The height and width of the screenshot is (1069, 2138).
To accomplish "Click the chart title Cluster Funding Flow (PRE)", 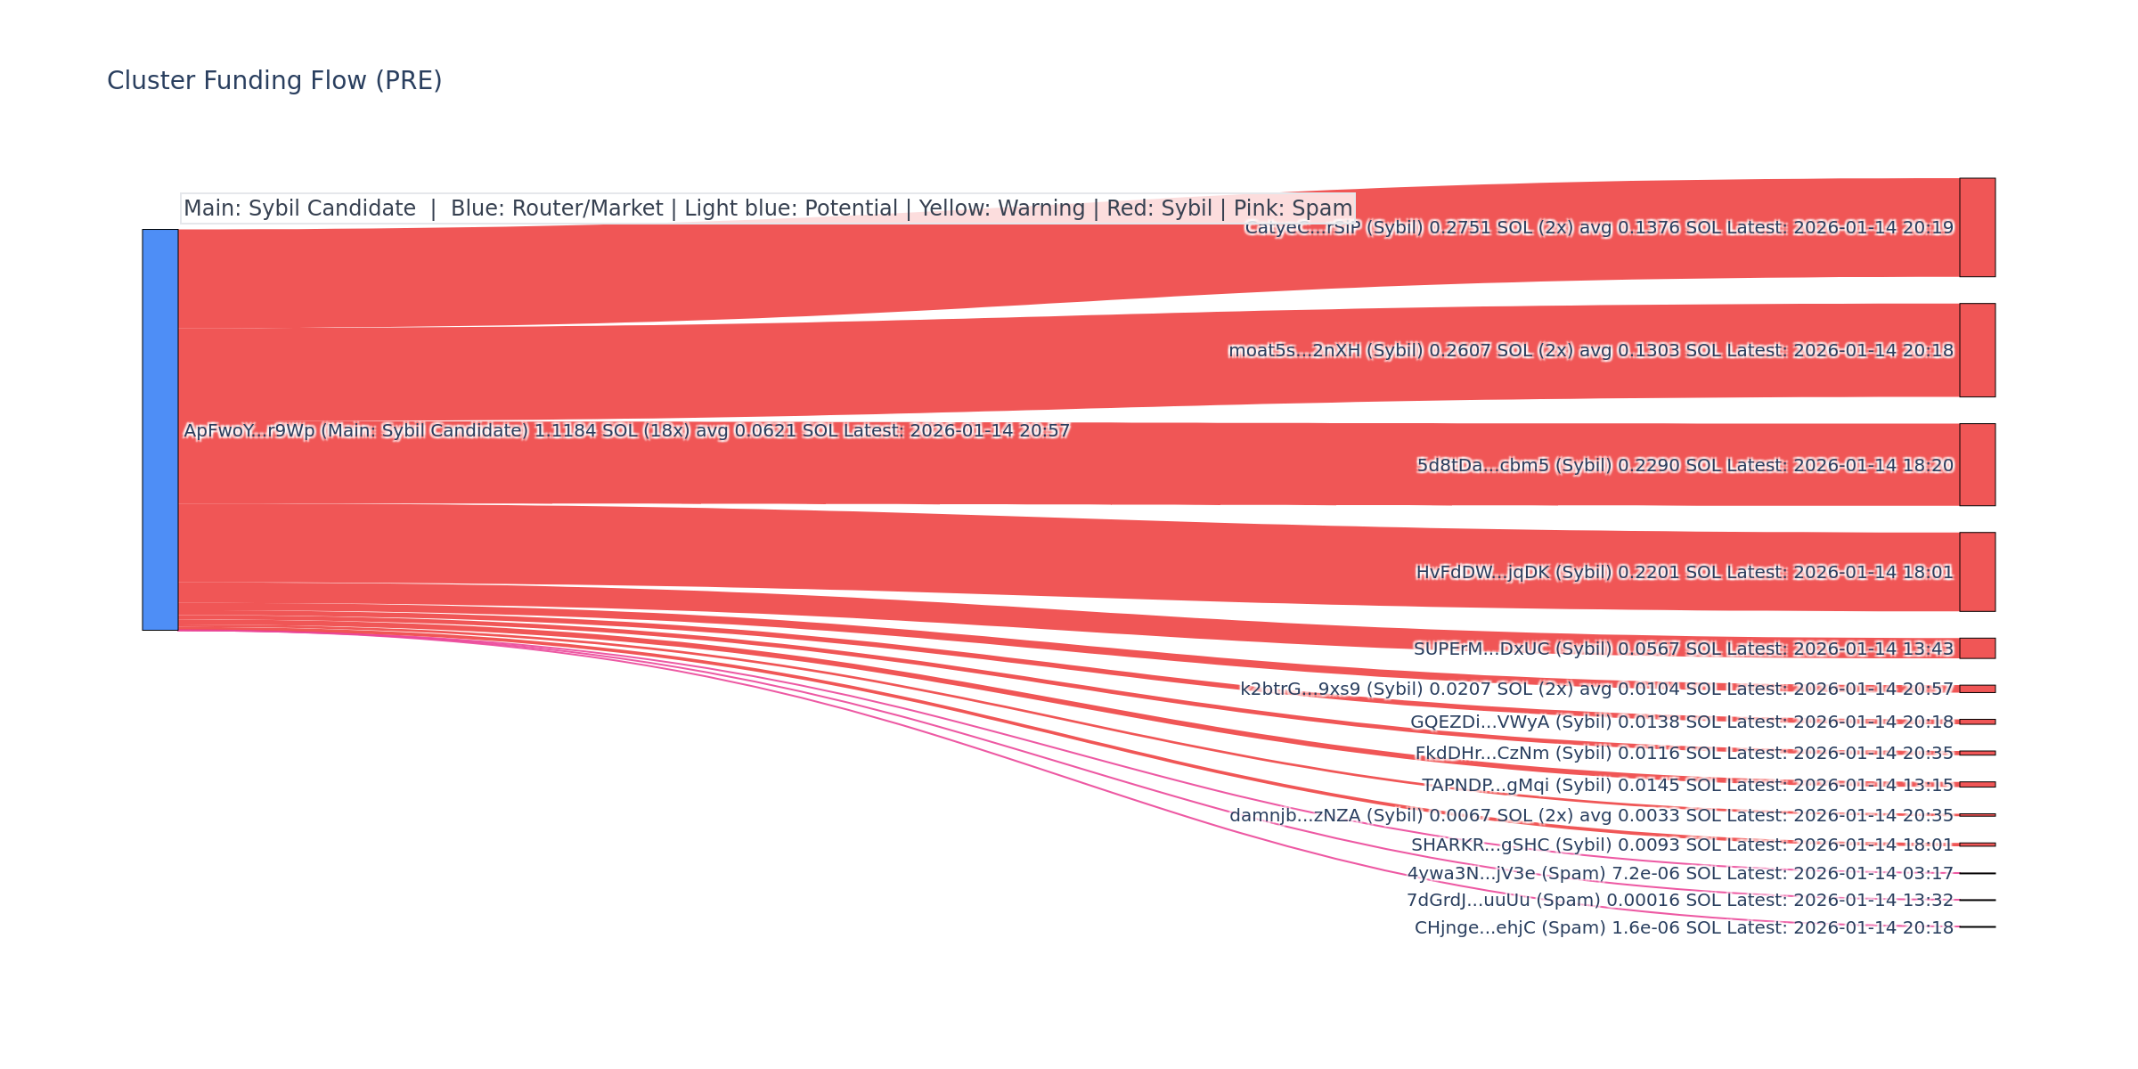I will (x=274, y=81).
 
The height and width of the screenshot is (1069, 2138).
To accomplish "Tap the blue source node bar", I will (x=160, y=429).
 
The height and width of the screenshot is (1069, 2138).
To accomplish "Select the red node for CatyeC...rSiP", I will (x=1977, y=227).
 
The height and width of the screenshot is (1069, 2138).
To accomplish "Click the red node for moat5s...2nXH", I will (x=1977, y=350).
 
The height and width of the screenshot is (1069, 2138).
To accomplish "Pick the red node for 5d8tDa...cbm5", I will (x=1977, y=465).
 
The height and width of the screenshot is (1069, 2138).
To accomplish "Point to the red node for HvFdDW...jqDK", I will (x=1977, y=572).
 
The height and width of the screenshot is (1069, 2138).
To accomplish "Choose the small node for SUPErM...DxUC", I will (x=1977, y=649).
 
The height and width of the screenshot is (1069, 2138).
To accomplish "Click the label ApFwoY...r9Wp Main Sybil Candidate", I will (x=626, y=431).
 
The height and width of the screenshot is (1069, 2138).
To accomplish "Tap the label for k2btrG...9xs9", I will (x=1596, y=689).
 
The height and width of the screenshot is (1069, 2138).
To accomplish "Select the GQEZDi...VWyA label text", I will (x=1681, y=722).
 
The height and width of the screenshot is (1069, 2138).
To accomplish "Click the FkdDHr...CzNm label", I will (x=1684, y=754).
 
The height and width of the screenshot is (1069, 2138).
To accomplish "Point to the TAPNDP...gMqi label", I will (x=1686, y=785).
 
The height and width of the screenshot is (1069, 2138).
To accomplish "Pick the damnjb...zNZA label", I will (x=1591, y=815).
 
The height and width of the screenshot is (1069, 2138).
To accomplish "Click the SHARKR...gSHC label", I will (x=1682, y=845).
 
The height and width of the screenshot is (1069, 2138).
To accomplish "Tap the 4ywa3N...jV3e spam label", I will (x=1680, y=874).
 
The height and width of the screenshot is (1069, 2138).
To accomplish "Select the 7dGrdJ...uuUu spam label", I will (x=1679, y=901).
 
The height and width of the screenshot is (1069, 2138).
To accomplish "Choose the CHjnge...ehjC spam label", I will (x=1684, y=928).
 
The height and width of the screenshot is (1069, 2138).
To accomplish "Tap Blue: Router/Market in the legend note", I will (x=557, y=208).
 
